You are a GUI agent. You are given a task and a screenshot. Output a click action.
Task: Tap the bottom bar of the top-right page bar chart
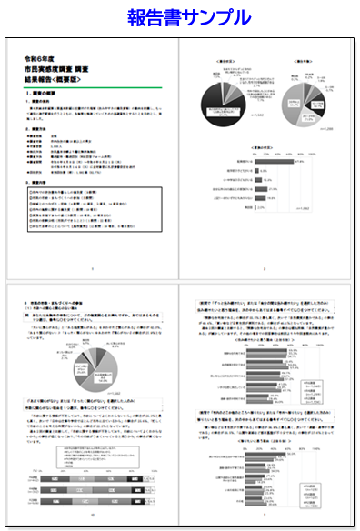(x=258, y=206)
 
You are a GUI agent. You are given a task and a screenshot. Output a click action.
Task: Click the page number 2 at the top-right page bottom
(x=264, y=270)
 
